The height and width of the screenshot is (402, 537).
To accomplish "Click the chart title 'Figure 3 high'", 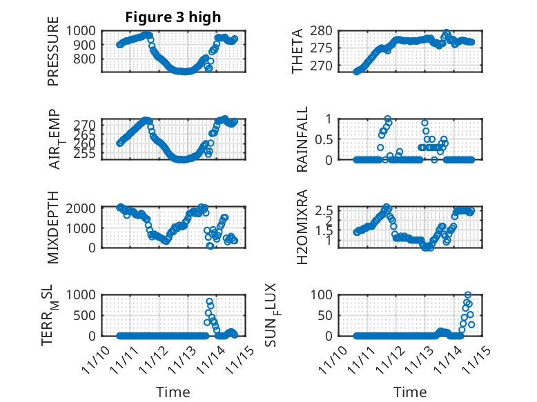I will pyautogui.click(x=173, y=17).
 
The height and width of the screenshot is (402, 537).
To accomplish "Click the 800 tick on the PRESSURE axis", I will pyautogui.click(x=88, y=59).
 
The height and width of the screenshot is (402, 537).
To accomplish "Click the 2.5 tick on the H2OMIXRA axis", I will pyautogui.click(x=327, y=210).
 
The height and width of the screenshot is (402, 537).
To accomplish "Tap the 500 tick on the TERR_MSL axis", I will pyautogui.click(x=88, y=315).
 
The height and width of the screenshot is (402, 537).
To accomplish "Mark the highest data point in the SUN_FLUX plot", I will pyautogui.click(x=468, y=295).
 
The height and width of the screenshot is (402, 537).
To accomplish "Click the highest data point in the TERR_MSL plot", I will pyautogui.click(x=210, y=301).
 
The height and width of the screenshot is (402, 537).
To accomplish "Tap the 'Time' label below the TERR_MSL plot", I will pyautogui.click(x=173, y=392).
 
